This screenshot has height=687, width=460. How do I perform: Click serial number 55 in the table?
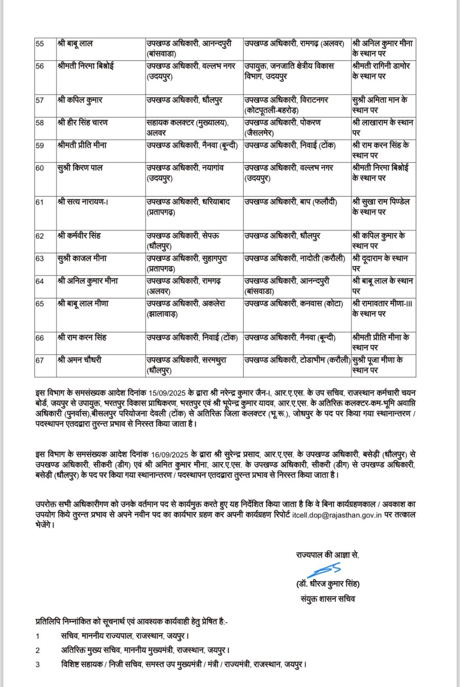[x=40, y=44]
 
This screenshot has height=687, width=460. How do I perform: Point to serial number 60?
[x=40, y=168]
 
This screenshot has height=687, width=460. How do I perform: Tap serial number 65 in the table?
[x=40, y=304]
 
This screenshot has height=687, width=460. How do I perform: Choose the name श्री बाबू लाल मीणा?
[x=82, y=304]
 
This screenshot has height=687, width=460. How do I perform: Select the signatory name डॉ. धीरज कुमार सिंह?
[x=328, y=584]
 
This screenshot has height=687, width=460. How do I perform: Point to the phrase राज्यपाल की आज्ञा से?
[x=327, y=555]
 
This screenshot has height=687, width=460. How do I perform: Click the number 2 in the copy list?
[x=38, y=651]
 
